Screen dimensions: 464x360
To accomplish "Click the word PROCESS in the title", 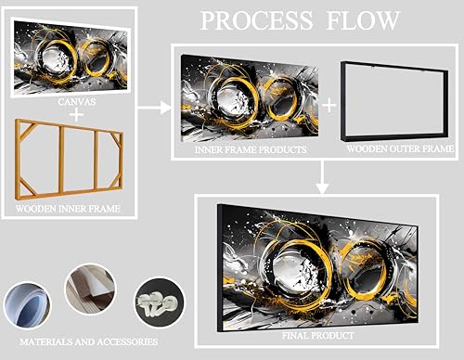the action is pos(256,20).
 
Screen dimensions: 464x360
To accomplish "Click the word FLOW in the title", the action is pos(363,20).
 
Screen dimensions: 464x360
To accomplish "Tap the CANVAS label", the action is pos(77,102).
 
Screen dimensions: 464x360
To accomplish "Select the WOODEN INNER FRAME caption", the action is pos(68,209).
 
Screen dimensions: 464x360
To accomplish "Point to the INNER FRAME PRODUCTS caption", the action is pos(251,149).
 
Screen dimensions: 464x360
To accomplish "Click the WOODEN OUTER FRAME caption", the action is pos(400,148).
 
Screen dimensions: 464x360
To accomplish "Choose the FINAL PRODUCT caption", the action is pos(318,336).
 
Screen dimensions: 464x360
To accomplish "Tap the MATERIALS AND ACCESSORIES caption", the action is pos(89,341).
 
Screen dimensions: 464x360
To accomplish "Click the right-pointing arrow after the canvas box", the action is pos(154,108).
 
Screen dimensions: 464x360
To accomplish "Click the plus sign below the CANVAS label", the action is pos(76,115).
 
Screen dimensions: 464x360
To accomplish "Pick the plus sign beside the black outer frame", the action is pos(329,106).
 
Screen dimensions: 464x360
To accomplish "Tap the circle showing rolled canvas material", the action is pos(27,305).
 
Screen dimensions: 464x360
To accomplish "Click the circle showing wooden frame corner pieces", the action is pos(91,289).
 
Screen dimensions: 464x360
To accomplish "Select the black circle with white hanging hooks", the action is pos(160,302).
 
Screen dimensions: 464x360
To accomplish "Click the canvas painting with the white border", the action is pos(71,58).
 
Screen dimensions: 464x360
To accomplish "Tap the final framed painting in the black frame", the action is pos(317,268).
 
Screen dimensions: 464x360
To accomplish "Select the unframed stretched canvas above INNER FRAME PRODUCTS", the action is pos(250,98).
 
